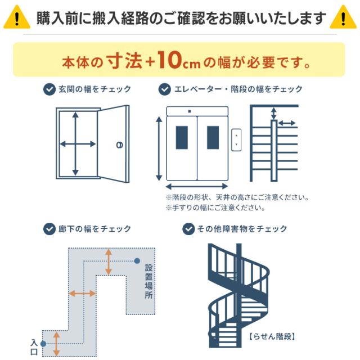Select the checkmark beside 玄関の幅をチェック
49,89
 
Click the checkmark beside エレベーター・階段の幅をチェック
165,89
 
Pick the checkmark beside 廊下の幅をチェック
49,229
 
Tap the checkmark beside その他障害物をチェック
188,229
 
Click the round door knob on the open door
119,145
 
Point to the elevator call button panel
237,139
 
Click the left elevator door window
182,137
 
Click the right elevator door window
213,137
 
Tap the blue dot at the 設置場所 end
137,260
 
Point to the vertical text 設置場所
148,281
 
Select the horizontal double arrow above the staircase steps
287,122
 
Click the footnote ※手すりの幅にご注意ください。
215,208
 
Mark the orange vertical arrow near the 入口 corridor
57,343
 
